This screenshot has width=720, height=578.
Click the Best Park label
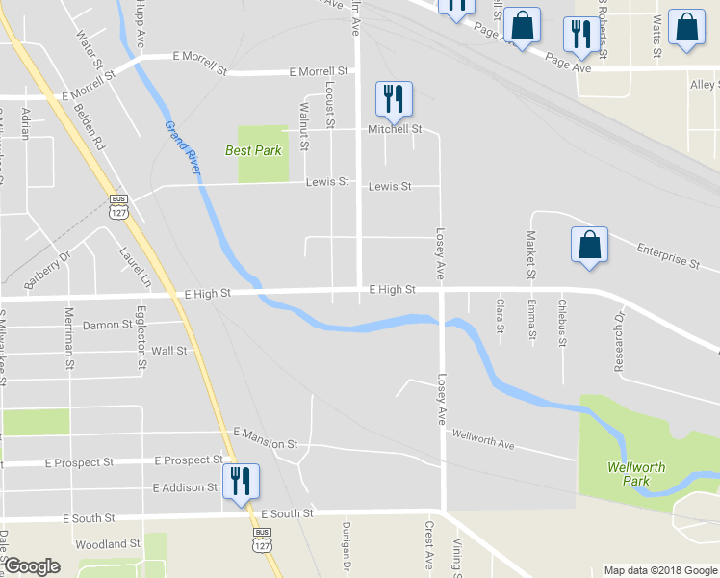click(x=253, y=150)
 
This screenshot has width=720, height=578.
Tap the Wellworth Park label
click(x=636, y=474)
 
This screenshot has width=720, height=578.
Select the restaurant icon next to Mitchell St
click(x=394, y=98)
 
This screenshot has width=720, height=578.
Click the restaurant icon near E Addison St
click(x=240, y=481)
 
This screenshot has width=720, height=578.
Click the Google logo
click(x=32, y=566)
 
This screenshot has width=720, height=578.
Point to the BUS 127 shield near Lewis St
click(x=118, y=206)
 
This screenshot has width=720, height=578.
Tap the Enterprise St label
click(x=668, y=255)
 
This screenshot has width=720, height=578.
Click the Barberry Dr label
click(x=48, y=271)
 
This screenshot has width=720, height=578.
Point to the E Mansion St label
click(x=265, y=439)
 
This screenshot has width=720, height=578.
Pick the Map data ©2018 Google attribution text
click(x=660, y=570)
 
